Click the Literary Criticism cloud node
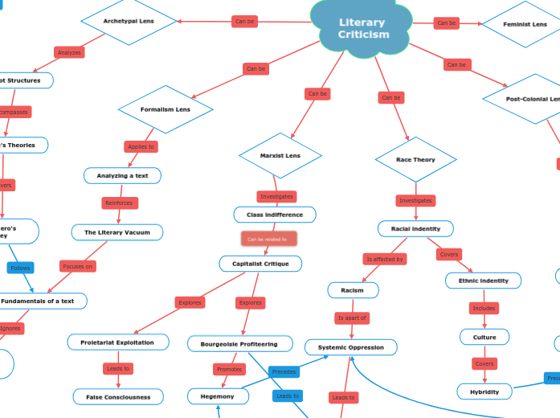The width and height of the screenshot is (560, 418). [x=362, y=29]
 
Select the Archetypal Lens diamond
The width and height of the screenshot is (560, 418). [x=129, y=21]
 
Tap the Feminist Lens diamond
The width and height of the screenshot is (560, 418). [x=525, y=24]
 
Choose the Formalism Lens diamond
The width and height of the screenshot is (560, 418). [x=166, y=109]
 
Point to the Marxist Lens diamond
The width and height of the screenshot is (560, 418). [x=280, y=155]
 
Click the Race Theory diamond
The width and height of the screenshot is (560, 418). [x=415, y=160]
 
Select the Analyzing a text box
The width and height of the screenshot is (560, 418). [x=122, y=175]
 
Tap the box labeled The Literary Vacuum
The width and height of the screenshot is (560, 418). [x=117, y=232]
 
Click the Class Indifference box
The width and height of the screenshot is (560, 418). [x=275, y=215]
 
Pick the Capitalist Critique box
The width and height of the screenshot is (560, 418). [x=260, y=264]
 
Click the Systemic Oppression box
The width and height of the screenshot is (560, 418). [x=351, y=347]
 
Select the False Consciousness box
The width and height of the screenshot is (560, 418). [x=118, y=397]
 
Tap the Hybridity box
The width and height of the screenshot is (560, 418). [x=484, y=391]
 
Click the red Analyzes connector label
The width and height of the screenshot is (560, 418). [x=70, y=53]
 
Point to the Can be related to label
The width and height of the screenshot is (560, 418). [x=268, y=239]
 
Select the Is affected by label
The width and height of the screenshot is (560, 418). [x=385, y=259]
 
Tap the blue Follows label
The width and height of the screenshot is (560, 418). [x=20, y=268]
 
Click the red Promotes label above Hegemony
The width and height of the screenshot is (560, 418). [x=229, y=370]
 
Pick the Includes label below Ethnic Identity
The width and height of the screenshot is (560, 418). [x=484, y=308]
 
